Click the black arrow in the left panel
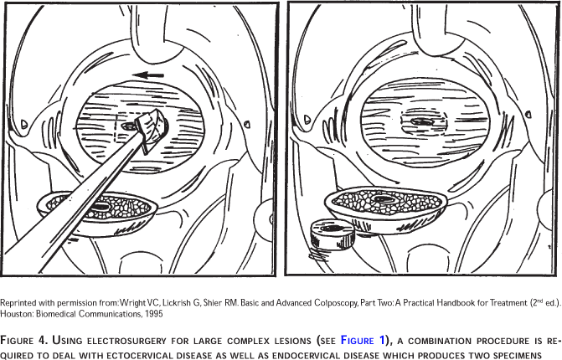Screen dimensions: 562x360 148,75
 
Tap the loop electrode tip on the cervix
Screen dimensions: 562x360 152,130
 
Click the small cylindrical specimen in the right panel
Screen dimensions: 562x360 332,234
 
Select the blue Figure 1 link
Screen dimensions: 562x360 363,340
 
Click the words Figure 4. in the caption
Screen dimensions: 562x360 23,340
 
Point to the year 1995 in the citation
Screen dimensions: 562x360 154,314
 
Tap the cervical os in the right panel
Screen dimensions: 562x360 422,122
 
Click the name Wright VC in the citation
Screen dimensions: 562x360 139,303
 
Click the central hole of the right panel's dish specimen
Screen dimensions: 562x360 383,198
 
